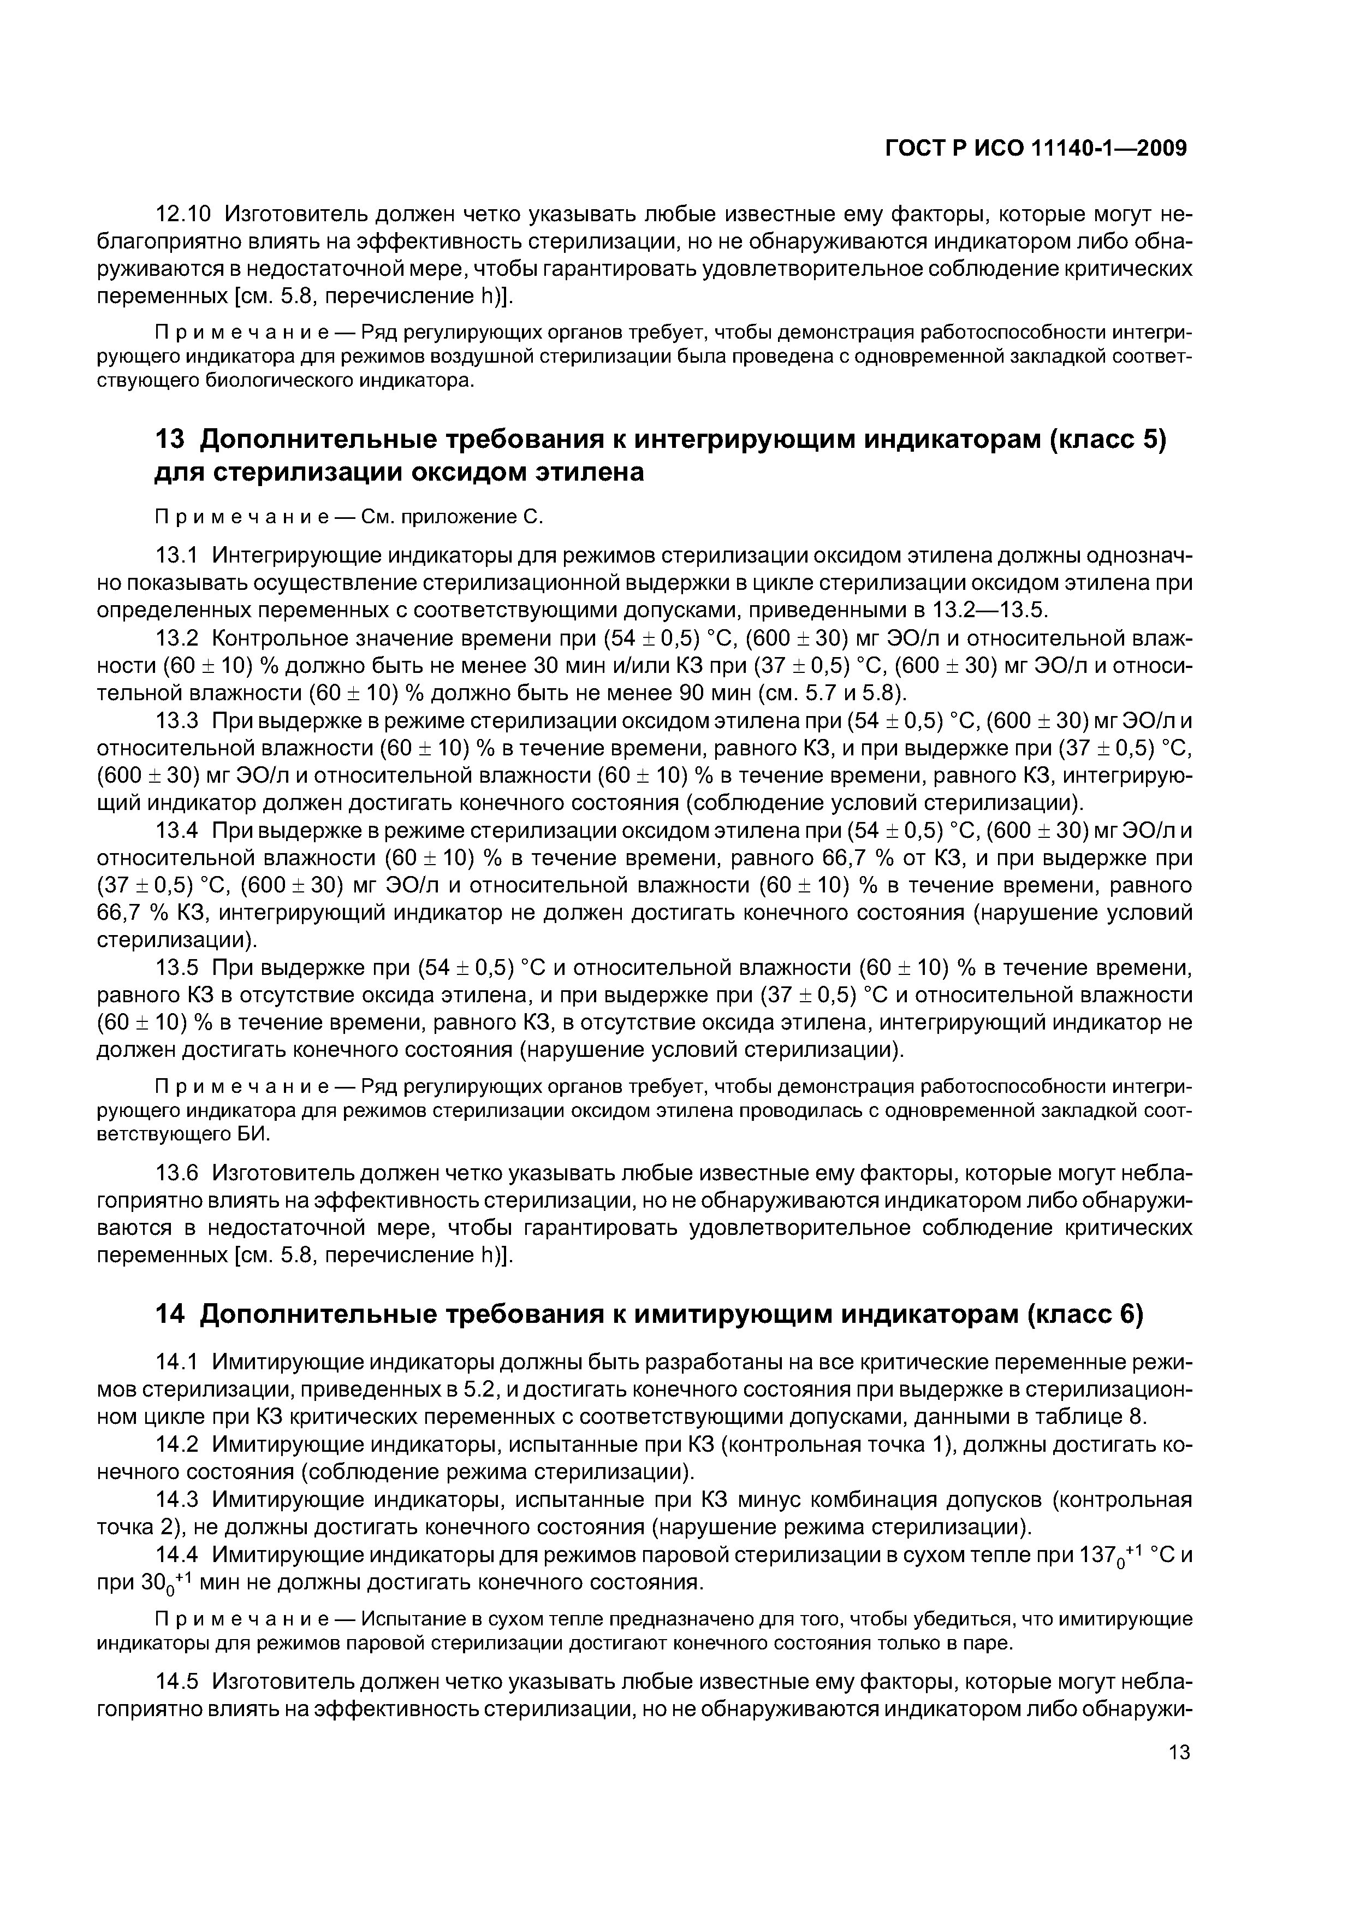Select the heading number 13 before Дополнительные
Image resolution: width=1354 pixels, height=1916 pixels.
click(170, 439)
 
